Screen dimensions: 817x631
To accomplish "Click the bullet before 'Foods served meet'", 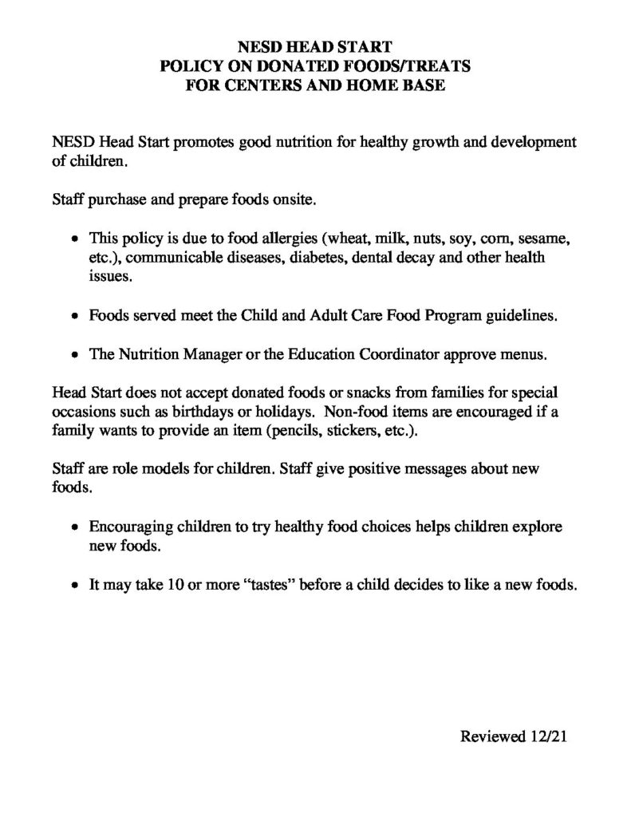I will pyautogui.click(x=74, y=316).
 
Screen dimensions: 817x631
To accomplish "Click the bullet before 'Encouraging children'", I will pyautogui.click(x=74, y=529).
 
